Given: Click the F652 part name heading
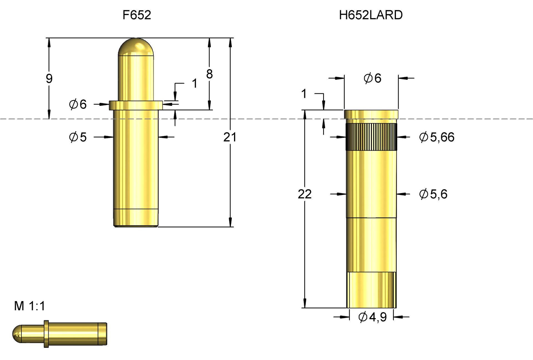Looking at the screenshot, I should pos(137,15).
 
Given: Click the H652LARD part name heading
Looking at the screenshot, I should pos(371,15).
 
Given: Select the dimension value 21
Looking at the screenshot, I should pos(230,137).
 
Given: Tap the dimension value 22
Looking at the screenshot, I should pos(305,194).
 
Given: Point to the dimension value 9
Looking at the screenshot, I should pos(49,79).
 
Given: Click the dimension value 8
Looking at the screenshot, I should pos(209,74).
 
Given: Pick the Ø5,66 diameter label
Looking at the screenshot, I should pos(436,137).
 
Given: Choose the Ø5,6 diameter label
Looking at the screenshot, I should pos(433,194).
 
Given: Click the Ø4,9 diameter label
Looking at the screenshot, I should pos(372,317).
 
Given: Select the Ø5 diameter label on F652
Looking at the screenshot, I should pos(78,137).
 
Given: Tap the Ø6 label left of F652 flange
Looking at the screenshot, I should pos(78,104).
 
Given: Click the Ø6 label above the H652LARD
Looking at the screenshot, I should pos(372,78).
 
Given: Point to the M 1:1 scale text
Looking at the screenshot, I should pos(29,306).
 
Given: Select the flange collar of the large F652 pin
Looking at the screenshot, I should pos(136,105).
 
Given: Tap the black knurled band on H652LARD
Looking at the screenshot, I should pos(371,137).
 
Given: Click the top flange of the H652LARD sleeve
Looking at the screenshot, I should pos(371,114).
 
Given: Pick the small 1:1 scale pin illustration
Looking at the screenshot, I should pos(60,333).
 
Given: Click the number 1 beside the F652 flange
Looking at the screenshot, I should pos(195,83).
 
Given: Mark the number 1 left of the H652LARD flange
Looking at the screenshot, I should pos(304,94).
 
